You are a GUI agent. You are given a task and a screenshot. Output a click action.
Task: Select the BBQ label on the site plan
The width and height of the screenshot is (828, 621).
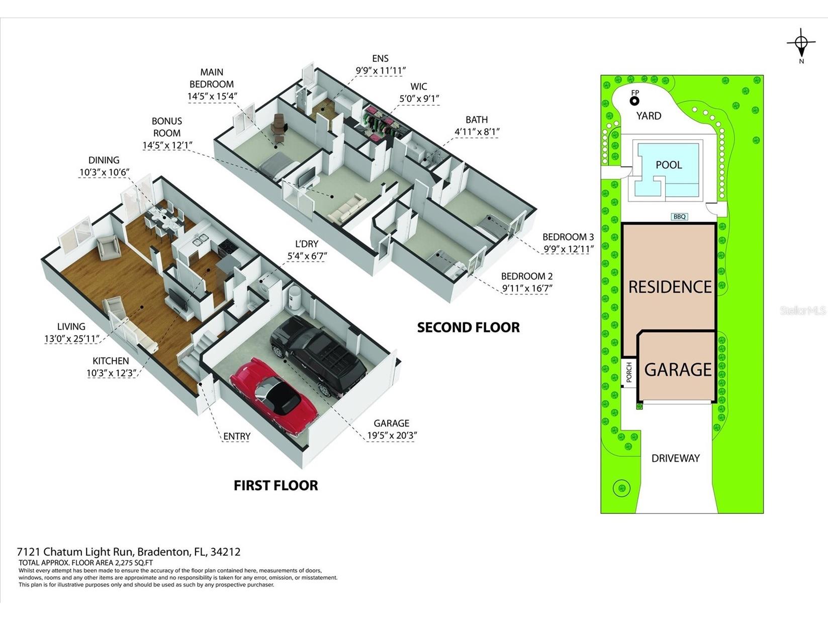click(x=679, y=217)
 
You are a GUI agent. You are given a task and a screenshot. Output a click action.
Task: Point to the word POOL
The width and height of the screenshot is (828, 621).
click(x=669, y=165)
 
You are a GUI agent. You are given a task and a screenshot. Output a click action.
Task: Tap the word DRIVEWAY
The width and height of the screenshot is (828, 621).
click(x=676, y=458)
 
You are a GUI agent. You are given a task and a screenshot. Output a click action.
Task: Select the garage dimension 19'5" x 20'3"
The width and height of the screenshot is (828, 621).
click(x=392, y=435)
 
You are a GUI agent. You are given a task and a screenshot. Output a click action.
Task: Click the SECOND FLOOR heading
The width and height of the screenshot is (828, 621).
click(x=468, y=327)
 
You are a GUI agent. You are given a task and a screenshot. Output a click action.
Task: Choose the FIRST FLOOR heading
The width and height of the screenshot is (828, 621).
click(x=275, y=485)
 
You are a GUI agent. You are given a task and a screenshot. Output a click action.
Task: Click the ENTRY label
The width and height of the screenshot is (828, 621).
click(x=236, y=436)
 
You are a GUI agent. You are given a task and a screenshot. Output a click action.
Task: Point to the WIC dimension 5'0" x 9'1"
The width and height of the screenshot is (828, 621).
click(x=419, y=99)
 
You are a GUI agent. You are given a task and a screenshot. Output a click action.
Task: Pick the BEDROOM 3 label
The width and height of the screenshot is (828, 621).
click(x=568, y=237)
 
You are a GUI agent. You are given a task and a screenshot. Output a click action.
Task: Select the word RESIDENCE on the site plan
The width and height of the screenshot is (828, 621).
click(x=670, y=287)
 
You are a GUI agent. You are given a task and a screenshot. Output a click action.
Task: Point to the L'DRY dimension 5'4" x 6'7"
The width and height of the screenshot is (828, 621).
click(x=307, y=256)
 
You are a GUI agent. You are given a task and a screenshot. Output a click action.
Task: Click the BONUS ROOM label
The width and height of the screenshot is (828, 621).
click(x=167, y=127)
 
